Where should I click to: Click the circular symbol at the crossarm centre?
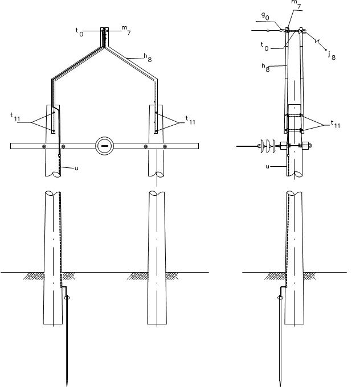(104, 146)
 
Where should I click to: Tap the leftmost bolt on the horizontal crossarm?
(44, 146)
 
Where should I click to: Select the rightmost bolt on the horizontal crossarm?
(165, 146)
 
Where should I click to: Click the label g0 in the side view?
(265, 16)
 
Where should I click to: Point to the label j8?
(332, 56)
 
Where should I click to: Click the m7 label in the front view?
(126, 30)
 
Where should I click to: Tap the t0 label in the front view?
(79, 32)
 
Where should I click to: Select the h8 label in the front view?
(148, 57)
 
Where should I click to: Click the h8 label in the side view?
(265, 67)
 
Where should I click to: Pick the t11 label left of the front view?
(15, 117)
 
